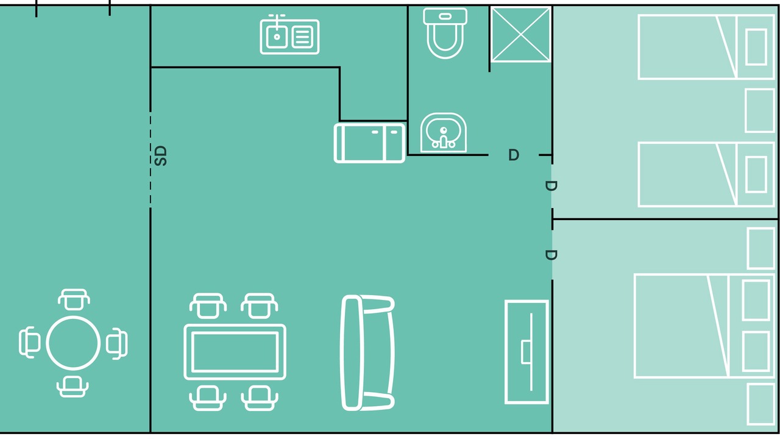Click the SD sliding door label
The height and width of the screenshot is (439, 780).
tap(160, 155)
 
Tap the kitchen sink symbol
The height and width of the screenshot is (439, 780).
tap(289, 35)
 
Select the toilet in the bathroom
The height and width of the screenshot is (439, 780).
tap(445, 33)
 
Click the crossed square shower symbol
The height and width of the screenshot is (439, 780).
tap(520, 35)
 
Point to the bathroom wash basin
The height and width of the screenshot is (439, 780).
tap(443, 132)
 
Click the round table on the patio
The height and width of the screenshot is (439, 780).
tap(73, 343)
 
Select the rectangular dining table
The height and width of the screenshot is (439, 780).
tap(235, 352)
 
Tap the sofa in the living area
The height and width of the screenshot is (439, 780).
tap(367, 352)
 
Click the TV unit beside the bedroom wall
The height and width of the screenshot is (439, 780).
tap(527, 352)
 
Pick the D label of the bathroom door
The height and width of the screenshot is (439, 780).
tap(514, 155)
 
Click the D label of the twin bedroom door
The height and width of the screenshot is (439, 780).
tap(551, 186)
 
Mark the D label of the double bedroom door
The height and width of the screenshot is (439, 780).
tap(551, 255)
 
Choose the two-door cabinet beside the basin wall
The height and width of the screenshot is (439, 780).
tap(369, 143)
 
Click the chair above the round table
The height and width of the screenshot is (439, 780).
tap(74, 299)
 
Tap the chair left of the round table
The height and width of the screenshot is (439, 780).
tap(30, 343)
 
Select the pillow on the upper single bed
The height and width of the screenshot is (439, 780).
tap(756, 47)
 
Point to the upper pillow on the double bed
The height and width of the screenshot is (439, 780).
tap(756, 300)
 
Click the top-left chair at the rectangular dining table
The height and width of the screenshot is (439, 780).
tap(208, 305)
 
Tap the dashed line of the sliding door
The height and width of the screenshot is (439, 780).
tap(151, 160)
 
